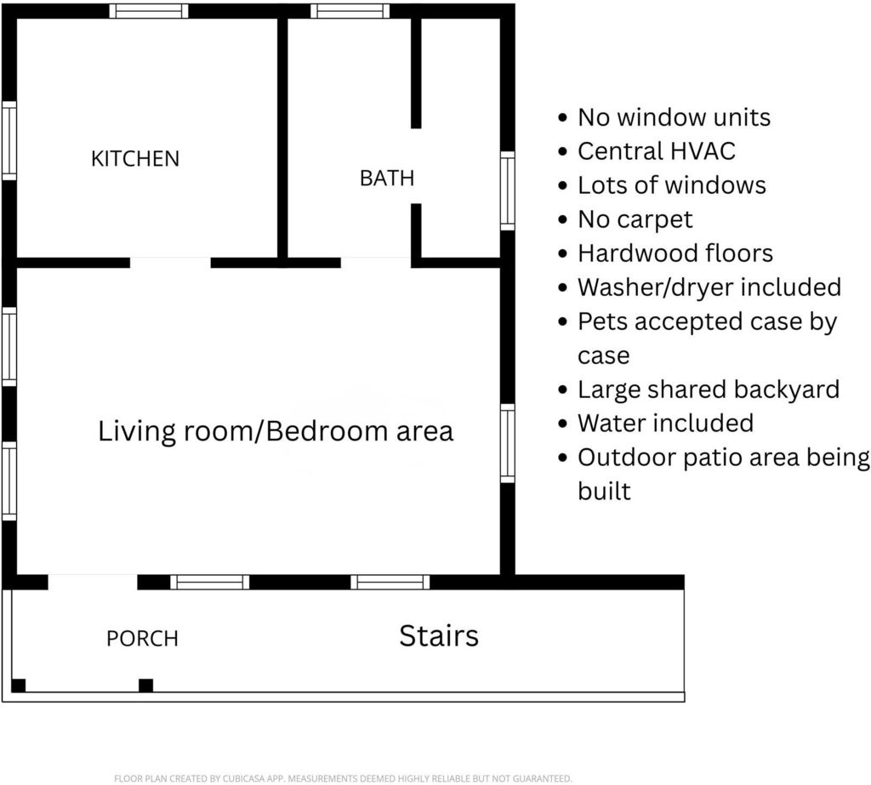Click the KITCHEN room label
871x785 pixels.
tap(135, 159)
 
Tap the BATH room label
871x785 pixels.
tap(387, 179)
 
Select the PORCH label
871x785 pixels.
tap(142, 639)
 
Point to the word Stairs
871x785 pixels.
tap(439, 635)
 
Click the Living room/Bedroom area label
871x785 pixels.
tap(276, 431)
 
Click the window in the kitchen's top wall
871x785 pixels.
tap(148, 11)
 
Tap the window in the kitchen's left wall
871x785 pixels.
tap(9, 140)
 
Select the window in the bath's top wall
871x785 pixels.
tap(350, 11)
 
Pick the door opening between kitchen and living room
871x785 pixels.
tap(170, 263)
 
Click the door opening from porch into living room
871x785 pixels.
tap(93, 583)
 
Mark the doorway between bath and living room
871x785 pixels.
tap(376, 263)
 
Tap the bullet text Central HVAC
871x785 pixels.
tap(657, 151)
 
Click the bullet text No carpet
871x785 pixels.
tap(635, 219)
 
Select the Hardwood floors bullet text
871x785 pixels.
tap(675, 253)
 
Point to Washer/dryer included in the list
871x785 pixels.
tap(709, 287)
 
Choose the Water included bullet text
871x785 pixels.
tap(665, 424)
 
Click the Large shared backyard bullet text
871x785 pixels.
tap(709, 390)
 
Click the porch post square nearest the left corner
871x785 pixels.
tap(19, 685)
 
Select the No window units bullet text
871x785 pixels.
tap(674, 117)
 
